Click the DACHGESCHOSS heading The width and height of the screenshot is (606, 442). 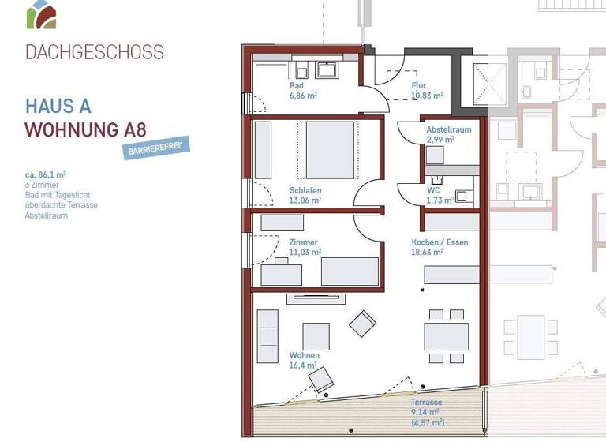[95, 53]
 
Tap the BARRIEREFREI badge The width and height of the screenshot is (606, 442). [155, 148]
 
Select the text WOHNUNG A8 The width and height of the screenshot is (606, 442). [85, 129]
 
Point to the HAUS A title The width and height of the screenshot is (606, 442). [58, 106]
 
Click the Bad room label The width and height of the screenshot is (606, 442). [297, 85]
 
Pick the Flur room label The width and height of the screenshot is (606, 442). [419, 85]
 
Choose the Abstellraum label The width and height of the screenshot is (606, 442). [448, 129]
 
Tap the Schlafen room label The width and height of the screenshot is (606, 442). [305, 190]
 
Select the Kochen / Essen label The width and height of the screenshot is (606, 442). [440, 242]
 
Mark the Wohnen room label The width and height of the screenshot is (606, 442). [304, 355]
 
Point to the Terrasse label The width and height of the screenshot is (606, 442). [426, 402]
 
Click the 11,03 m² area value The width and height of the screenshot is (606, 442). [305, 253]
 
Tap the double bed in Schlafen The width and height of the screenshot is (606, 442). [329, 150]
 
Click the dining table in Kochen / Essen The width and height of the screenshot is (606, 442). [447, 336]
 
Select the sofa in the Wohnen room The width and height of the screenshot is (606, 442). [267, 336]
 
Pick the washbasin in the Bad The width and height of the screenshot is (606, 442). [326, 69]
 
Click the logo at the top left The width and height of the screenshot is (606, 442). [41, 14]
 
